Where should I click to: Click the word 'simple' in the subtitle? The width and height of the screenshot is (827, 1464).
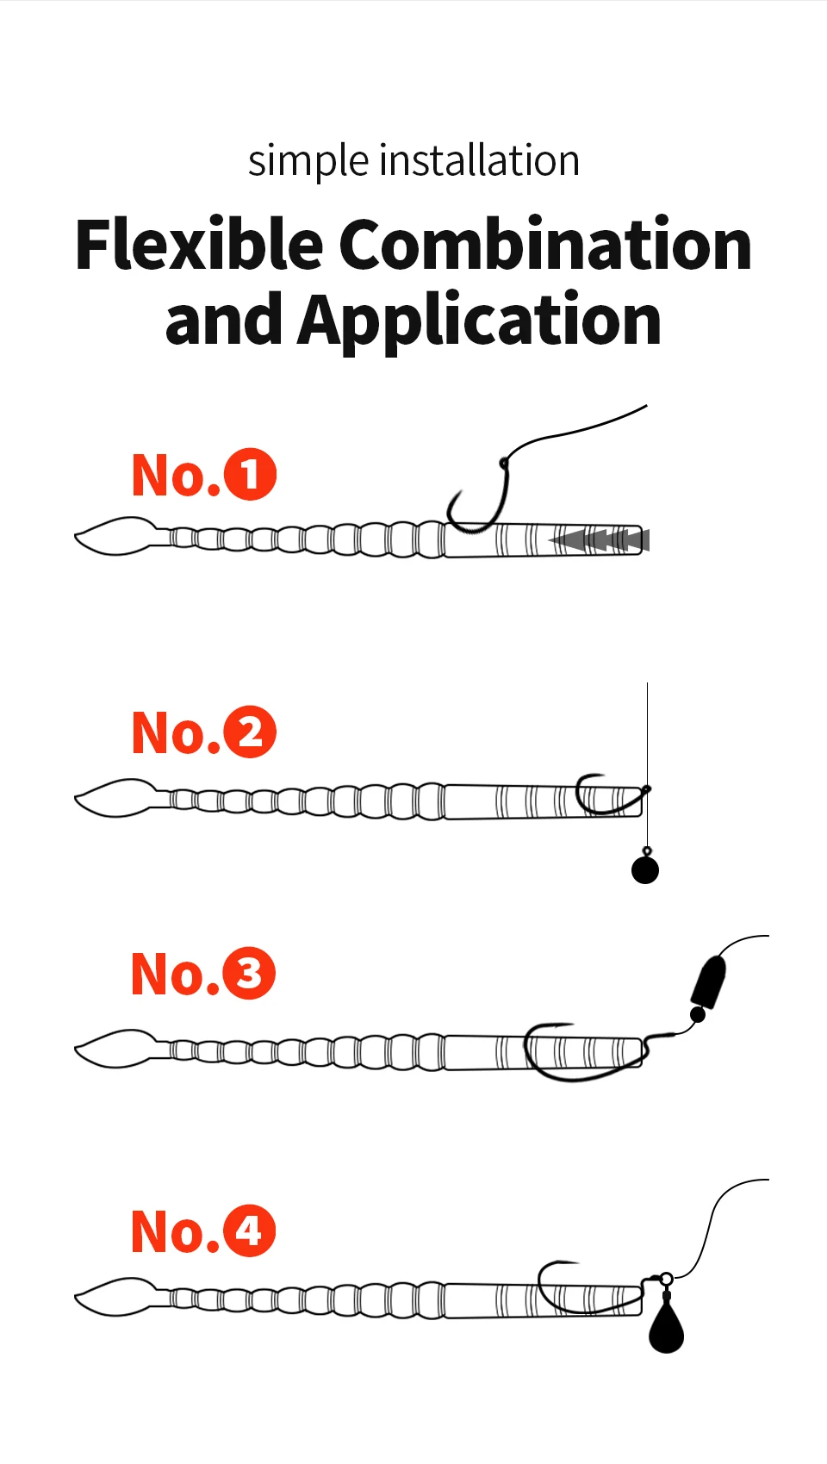pyautogui.click(x=308, y=161)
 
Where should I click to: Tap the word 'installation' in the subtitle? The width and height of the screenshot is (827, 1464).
pyautogui.click(x=480, y=159)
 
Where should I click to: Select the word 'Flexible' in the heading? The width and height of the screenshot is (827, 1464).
pyautogui.click(x=199, y=244)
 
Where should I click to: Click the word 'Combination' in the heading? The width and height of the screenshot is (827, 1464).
pyautogui.click(x=545, y=244)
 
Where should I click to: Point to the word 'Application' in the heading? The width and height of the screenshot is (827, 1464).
pyautogui.click(x=480, y=321)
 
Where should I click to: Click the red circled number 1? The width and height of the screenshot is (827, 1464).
pyautogui.click(x=250, y=475)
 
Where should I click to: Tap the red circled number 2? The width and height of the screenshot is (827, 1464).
pyautogui.click(x=250, y=732)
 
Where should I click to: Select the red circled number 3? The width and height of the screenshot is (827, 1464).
pyautogui.click(x=249, y=973)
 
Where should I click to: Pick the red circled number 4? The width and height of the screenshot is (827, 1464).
pyautogui.click(x=249, y=1230)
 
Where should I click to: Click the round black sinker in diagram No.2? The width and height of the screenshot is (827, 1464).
pyautogui.click(x=645, y=870)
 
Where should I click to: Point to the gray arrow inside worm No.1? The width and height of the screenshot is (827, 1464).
pyautogui.click(x=599, y=540)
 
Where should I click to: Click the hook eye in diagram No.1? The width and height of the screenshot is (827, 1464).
pyautogui.click(x=504, y=464)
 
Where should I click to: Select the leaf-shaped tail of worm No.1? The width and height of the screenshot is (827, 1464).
pyautogui.click(x=115, y=536)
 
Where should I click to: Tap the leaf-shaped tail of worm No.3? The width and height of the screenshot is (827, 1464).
pyautogui.click(x=115, y=1049)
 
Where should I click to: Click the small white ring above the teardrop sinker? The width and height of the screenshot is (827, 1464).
pyautogui.click(x=666, y=1279)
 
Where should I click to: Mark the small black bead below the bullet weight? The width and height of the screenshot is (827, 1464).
pyautogui.click(x=698, y=1015)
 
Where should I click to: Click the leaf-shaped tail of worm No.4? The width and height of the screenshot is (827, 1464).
pyautogui.click(x=115, y=1297)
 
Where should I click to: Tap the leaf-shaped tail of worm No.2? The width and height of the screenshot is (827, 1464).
pyautogui.click(x=115, y=798)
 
